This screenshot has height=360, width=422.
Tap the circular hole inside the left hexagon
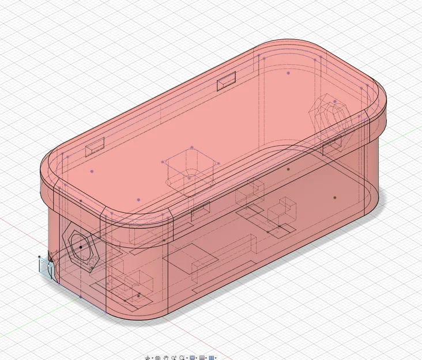80,247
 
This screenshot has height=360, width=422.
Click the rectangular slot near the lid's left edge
93,150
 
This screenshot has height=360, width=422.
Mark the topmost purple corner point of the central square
191,147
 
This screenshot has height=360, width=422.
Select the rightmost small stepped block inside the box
282,212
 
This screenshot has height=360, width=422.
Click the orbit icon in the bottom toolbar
148,358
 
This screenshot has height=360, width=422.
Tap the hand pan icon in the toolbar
166,358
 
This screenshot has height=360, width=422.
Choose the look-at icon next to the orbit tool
157,358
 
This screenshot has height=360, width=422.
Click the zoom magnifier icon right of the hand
174,358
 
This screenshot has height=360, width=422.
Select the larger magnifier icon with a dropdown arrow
183,358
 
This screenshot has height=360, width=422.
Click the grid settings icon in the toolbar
202,358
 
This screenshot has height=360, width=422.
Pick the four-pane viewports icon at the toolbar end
212,358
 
